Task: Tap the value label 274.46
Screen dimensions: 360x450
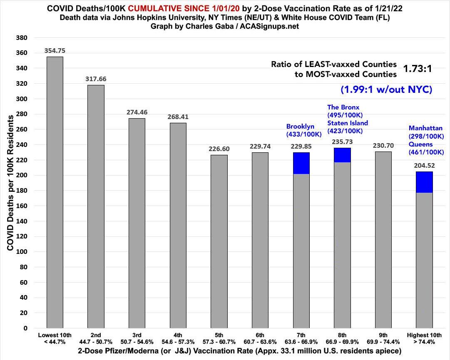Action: tap(137, 112)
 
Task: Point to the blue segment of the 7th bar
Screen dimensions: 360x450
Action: tap(301, 163)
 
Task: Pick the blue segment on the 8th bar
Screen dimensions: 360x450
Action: tap(342, 155)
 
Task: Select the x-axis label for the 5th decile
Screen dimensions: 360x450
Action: tap(219, 338)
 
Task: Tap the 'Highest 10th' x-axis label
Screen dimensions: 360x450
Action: tap(424, 335)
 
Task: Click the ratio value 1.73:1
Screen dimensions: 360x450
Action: tap(417, 69)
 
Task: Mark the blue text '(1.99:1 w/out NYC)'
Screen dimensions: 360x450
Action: tap(386, 89)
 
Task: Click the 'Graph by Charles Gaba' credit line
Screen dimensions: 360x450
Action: tap(225, 26)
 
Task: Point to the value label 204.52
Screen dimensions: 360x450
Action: tap(424, 165)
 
